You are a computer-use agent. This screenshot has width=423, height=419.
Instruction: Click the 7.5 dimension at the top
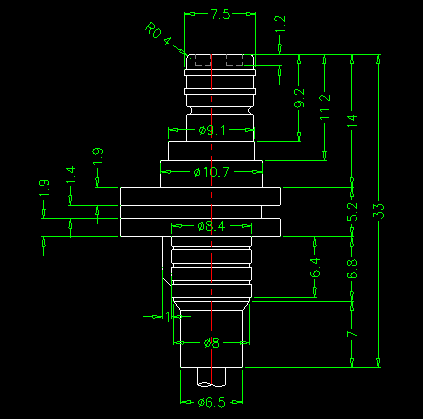coord(220,14)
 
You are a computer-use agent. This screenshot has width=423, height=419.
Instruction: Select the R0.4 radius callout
coord(158,34)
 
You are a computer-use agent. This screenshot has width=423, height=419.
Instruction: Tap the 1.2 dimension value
coord(280,24)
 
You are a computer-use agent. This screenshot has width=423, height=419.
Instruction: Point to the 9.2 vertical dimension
coord(299,98)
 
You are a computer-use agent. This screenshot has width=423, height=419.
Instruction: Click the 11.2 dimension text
coord(325,107)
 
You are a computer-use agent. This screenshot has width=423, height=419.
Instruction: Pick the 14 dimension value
coord(352,121)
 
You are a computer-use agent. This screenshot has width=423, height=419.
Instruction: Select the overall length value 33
coord(378,211)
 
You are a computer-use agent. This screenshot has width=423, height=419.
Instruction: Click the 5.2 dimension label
coord(352,212)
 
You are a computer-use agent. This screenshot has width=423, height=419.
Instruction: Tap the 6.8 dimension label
coord(352,269)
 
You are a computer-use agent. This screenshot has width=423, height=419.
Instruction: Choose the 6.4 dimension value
coord(315,267)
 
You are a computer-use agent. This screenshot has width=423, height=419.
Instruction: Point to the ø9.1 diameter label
coord(212,130)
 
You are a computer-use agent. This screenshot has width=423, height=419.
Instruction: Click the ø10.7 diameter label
coord(212,172)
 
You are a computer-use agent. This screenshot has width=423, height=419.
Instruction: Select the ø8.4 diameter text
coord(211,227)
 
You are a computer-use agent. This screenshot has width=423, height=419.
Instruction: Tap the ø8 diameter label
coord(212,343)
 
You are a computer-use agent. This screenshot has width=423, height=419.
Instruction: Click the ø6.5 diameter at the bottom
coord(212,403)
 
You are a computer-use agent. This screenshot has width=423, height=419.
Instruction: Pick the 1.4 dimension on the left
coord(71,175)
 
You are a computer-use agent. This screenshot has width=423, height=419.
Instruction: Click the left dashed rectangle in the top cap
coord(203,61)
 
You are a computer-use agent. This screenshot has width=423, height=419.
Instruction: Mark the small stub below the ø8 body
coord(211,377)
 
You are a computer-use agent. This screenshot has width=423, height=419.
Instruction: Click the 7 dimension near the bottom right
coord(352,334)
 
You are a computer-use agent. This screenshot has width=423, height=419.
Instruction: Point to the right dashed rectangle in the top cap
coord(235,61)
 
